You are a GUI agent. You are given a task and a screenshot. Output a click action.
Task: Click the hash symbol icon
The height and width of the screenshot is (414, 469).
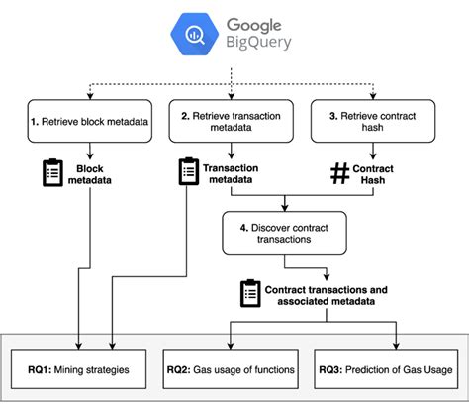[338, 174]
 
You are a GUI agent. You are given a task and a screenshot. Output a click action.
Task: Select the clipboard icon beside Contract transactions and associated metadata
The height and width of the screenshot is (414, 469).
[250, 293]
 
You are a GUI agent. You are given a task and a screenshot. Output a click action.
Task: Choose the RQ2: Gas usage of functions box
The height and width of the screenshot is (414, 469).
[231, 369]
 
